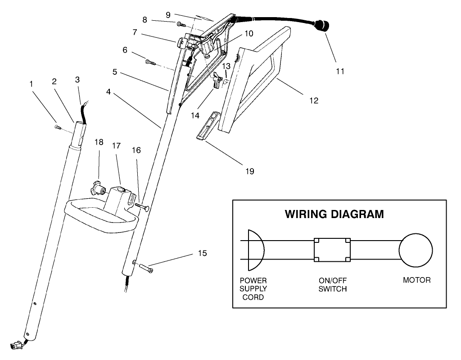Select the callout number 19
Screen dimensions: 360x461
click(249, 171)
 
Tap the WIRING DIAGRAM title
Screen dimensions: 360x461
click(334, 214)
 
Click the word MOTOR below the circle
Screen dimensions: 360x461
click(416, 280)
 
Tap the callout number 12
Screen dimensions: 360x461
click(314, 100)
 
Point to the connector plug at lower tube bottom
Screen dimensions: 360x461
click(17, 346)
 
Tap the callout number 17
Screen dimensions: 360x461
click(117, 146)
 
